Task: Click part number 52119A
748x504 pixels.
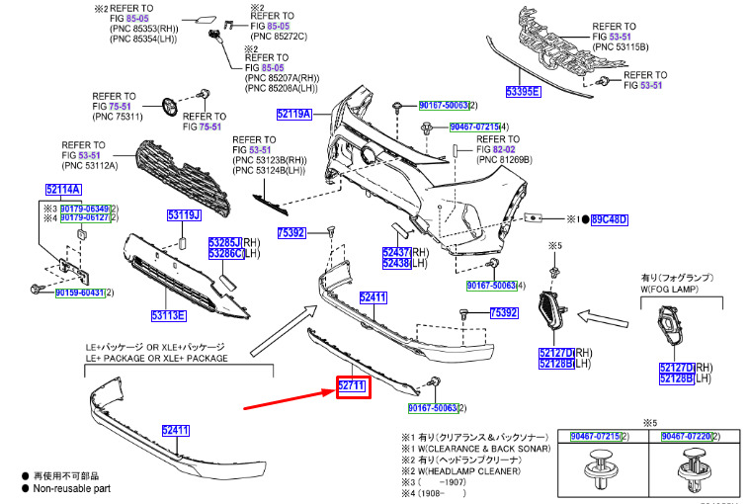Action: [293, 115]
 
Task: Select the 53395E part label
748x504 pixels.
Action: [523, 92]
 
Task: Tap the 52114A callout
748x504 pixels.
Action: [63, 189]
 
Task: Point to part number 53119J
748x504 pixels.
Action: [183, 215]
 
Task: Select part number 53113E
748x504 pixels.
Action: [168, 316]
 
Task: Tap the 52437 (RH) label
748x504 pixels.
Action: [396, 252]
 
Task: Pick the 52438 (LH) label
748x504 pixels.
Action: [396, 264]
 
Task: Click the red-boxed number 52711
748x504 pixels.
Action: [353, 385]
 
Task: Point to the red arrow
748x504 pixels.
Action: [287, 399]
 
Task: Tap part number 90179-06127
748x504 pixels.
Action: [83, 217]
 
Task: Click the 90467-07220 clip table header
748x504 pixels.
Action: [689, 435]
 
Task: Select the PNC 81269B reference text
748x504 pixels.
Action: [505, 159]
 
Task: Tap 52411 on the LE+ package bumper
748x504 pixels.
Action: [176, 430]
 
